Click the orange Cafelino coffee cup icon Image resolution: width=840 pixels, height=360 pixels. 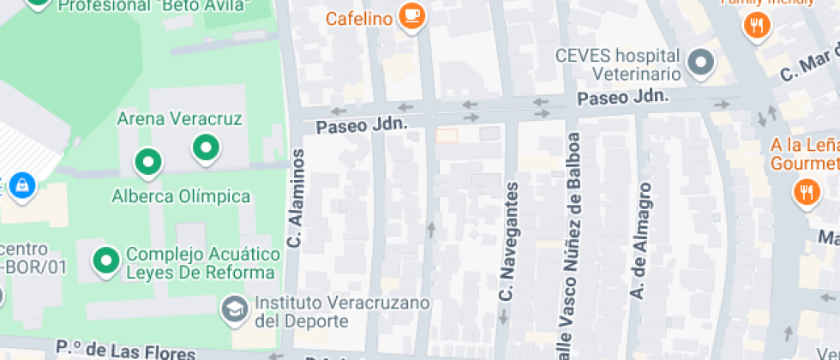pyautogui.click(x=412, y=17)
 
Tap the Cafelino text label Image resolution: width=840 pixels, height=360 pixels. pyautogui.click(x=359, y=19)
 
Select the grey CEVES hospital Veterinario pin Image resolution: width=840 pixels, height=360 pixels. pyautogui.click(x=702, y=63)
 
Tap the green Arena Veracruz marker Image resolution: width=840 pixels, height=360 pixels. pyautogui.click(x=205, y=148)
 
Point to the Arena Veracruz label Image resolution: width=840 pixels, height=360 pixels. pyautogui.click(x=179, y=118)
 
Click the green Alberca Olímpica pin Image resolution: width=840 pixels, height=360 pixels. pyautogui.click(x=148, y=161)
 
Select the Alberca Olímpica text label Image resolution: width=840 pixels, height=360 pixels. pyautogui.click(x=181, y=196)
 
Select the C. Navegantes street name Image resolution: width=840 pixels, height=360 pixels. pyautogui.click(x=507, y=241)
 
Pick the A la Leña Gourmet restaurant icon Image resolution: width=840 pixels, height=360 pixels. pyautogui.click(x=807, y=192)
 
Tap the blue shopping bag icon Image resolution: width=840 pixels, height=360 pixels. pyautogui.click(x=22, y=183)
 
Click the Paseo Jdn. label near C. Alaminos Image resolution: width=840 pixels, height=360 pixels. pyautogui.click(x=361, y=126)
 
